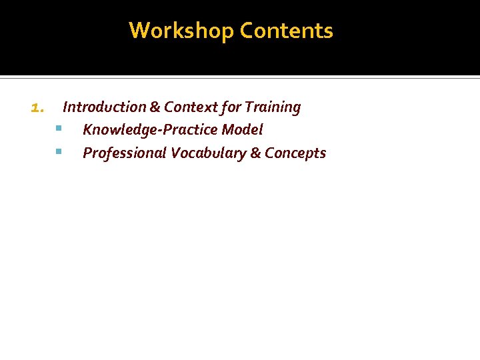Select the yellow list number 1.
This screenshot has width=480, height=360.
[37, 107]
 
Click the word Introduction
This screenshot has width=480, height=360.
[104, 107]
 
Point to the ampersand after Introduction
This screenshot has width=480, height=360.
[155, 107]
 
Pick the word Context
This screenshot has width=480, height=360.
[189, 107]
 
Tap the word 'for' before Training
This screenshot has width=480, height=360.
[230, 107]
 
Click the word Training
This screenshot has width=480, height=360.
[273, 107]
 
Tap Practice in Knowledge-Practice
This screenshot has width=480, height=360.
[187, 129]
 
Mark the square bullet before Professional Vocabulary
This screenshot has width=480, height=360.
[59, 151]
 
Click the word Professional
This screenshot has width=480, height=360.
[124, 153]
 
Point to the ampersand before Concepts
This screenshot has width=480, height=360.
[255, 153]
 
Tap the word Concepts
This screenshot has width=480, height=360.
[295, 153]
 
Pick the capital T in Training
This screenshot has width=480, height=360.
[249, 107]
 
